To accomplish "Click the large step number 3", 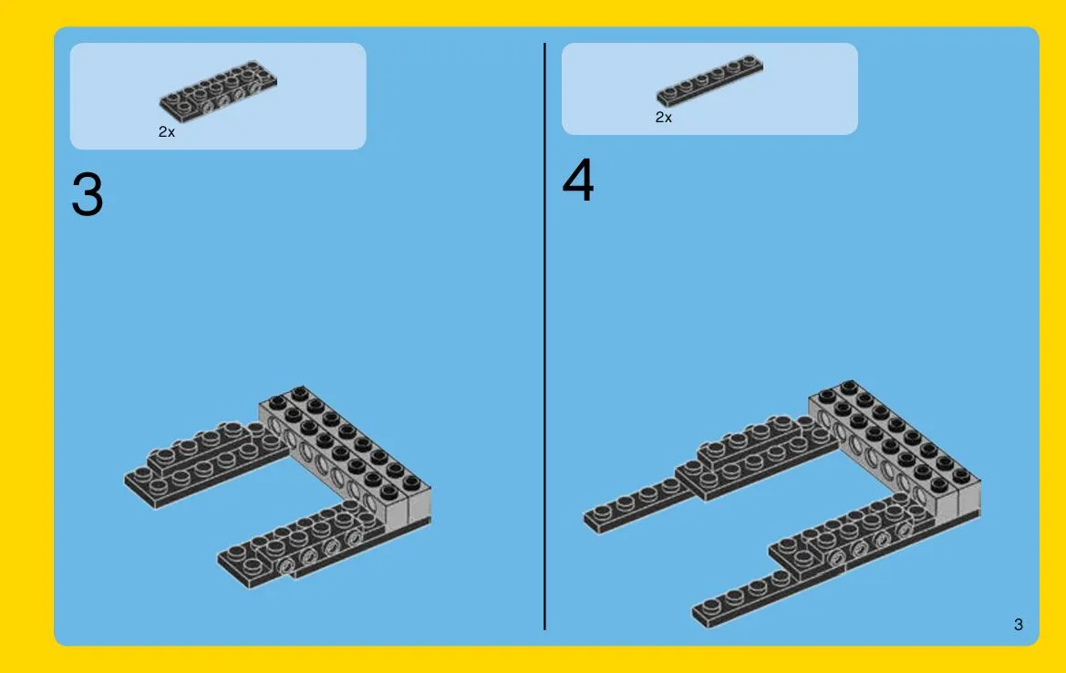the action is [x=87, y=194].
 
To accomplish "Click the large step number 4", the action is [x=578, y=180].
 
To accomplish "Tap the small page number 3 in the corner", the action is [x=1018, y=624].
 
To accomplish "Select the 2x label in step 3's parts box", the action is [x=167, y=132].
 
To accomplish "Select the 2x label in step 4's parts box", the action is [x=664, y=117].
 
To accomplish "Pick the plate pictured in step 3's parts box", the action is [x=218, y=91].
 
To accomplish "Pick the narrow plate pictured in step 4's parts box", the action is [x=709, y=79].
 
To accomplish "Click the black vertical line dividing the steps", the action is [x=544, y=336].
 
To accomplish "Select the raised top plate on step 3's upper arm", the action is [x=204, y=445].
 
